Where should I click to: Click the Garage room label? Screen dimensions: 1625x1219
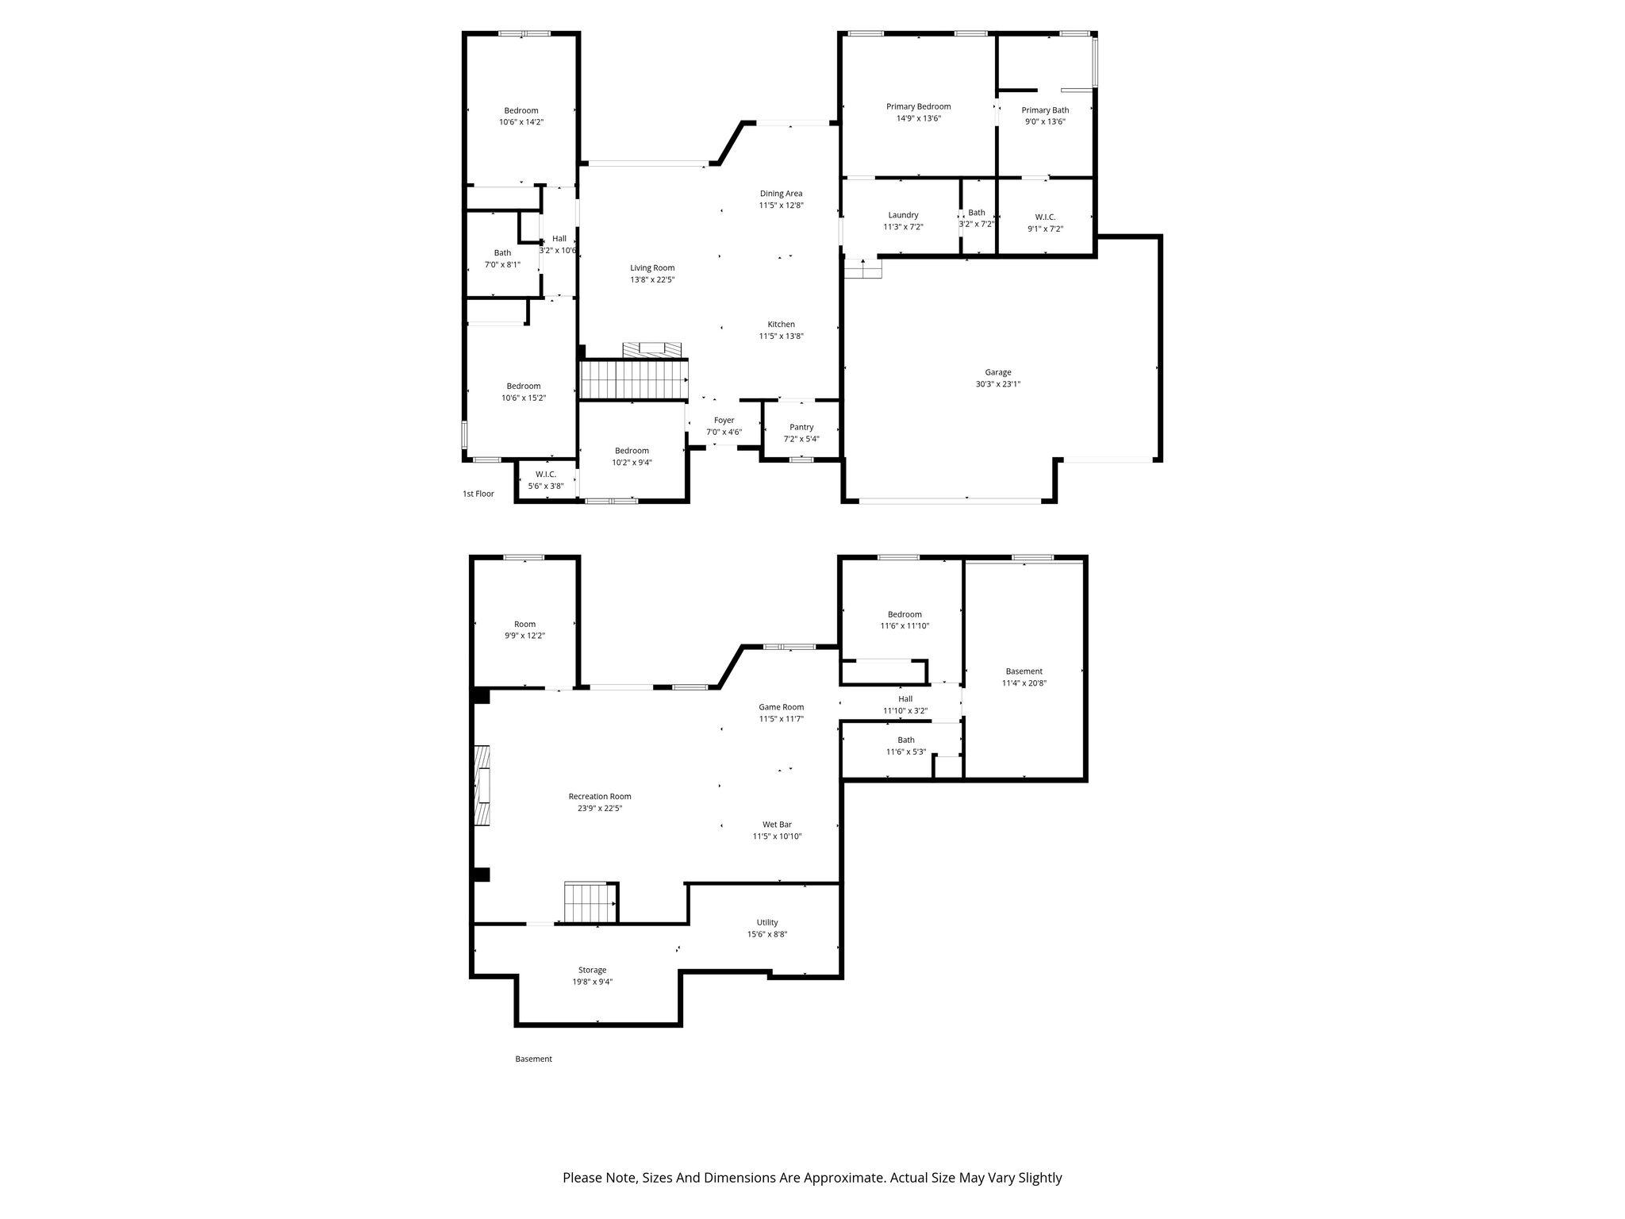coord(998,372)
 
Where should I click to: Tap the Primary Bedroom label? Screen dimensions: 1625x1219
coord(919,106)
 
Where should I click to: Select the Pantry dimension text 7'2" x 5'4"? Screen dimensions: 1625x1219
coord(801,439)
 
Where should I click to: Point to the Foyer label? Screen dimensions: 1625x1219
coord(724,421)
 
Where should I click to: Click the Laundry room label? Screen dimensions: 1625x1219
coord(904,215)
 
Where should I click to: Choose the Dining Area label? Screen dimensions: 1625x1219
coord(782,194)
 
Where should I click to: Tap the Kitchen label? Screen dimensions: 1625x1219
coord(782,325)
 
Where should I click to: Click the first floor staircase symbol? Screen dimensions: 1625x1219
coord(633,379)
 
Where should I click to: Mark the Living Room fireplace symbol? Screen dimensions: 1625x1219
coord(651,350)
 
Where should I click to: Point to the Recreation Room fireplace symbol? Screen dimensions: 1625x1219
coord(482,786)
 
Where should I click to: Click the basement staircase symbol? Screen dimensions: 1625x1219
coord(590,902)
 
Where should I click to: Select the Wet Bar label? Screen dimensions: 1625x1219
coord(778,825)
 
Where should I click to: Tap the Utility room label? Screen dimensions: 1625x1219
coord(767,922)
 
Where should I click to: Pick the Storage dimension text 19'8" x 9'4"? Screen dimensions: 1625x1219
coord(593,982)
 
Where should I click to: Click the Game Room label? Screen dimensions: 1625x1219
coord(782,707)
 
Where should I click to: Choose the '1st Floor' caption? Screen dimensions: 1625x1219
coord(478,494)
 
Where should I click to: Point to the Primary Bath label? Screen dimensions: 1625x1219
coord(1045,110)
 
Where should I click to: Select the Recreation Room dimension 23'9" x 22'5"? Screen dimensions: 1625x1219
coord(600,809)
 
